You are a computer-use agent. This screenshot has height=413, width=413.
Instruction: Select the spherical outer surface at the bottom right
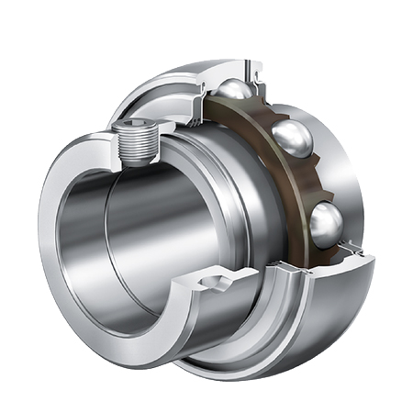tap(340, 303)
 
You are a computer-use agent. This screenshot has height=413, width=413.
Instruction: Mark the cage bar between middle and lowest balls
tap(317, 184)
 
